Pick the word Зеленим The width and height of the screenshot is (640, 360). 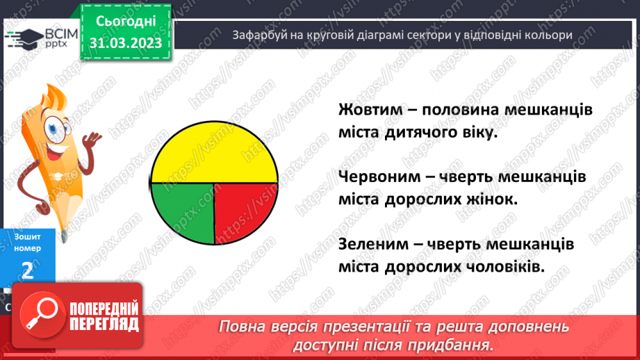click(x=372, y=245)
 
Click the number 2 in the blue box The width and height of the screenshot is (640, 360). click(x=28, y=271)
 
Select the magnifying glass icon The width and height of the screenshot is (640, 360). click(x=42, y=316)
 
